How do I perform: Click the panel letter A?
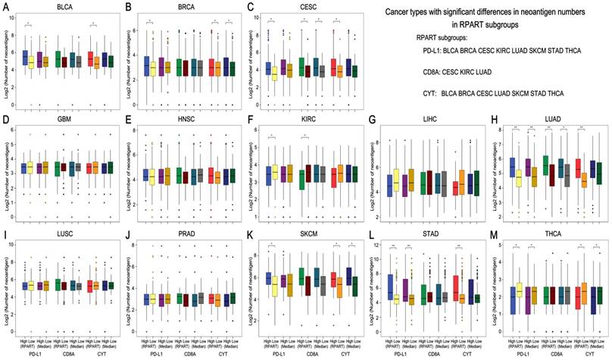click(x=6, y=6)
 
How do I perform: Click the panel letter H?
click(x=495, y=119)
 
